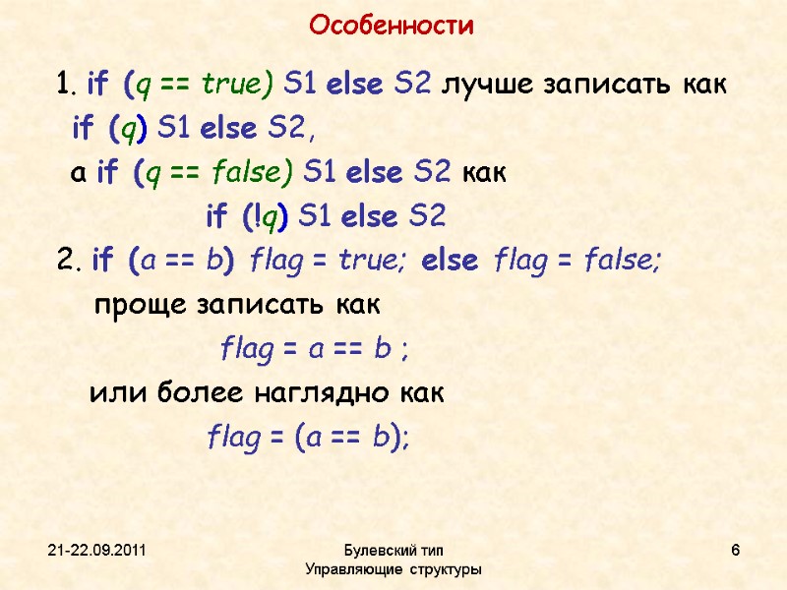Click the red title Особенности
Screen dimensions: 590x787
click(392, 26)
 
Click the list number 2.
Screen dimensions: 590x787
click(66, 262)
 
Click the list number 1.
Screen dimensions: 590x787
click(65, 86)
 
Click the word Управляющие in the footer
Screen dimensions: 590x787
click(350, 569)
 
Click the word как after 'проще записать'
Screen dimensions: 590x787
click(351, 305)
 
